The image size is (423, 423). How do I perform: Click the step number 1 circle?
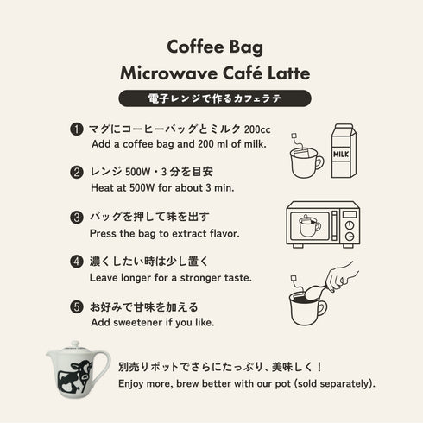coord(77,129)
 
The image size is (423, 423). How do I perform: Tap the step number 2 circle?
coord(77,172)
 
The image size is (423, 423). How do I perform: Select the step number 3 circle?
coord(77,217)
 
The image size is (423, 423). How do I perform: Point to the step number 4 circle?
coord(77,262)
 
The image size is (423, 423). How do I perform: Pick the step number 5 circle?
coord(77,306)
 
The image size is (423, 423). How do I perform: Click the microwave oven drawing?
coord(322,224)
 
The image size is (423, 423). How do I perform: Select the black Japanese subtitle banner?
coord(211,95)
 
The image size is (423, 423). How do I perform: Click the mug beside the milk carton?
coord(304,161)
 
